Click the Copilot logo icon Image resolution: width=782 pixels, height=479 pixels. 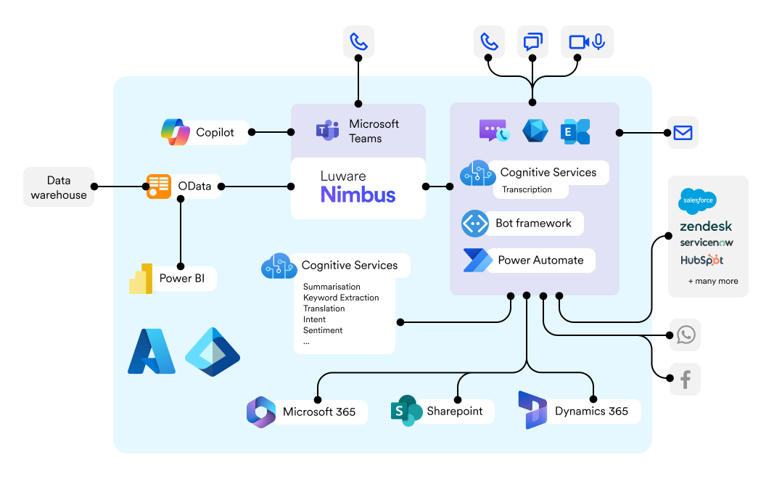pyautogui.click(x=176, y=132)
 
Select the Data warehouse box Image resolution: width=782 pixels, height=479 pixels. pyautogui.click(x=59, y=187)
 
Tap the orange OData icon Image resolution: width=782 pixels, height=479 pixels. pyautogui.click(x=159, y=187)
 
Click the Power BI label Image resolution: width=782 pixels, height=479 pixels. pyautogui.click(x=181, y=279)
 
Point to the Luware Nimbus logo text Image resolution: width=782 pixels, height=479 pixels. pyautogui.click(x=358, y=188)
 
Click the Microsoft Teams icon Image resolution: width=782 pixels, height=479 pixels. pyautogui.click(x=328, y=131)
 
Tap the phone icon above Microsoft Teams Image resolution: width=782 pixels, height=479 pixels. pyautogui.click(x=359, y=41)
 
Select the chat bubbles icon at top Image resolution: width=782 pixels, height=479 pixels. pyautogui.click(x=533, y=41)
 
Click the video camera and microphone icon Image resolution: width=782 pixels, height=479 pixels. pyautogui.click(x=587, y=41)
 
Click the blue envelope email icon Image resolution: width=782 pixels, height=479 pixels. pyautogui.click(x=683, y=133)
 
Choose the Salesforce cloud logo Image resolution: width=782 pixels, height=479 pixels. pyautogui.click(x=698, y=200)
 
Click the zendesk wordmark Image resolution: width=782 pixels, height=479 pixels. pyautogui.click(x=706, y=226)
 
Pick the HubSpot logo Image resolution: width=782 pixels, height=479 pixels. pyautogui.click(x=701, y=260)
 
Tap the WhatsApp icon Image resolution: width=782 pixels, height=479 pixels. pyautogui.click(x=686, y=335)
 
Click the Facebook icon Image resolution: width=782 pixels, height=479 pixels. pyautogui.click(x=686, y=379)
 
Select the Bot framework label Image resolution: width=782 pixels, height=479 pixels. pyautogui.click(x=533, y=224)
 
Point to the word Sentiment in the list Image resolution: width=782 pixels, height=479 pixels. pyautogui.click(x=323, y=330)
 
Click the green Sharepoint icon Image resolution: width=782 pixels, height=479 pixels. pyautogui.click(x=406, y=412)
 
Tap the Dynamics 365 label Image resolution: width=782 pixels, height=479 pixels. pyautogui.click(x=591, y=412)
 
